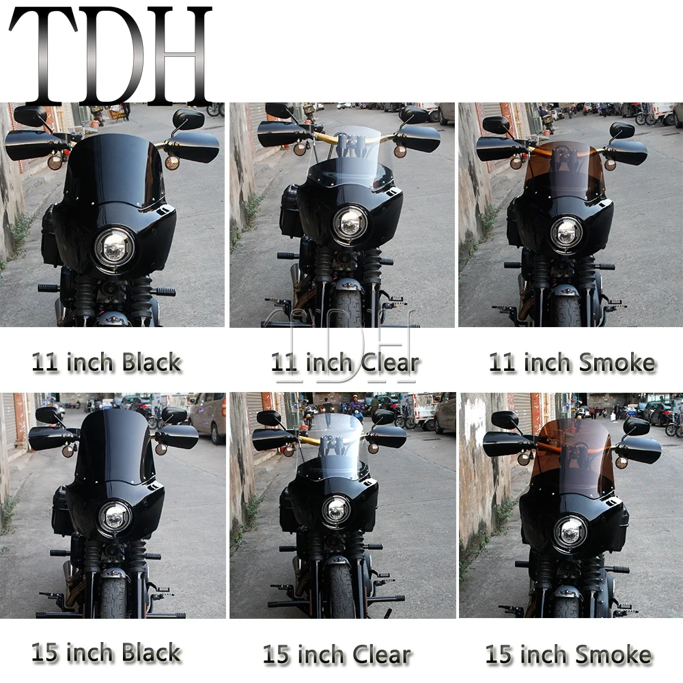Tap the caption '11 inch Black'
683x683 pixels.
[x=107, y=363]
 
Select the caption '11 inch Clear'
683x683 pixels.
[x=345, y=363]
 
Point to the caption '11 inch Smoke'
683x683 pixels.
[x=572, y=363]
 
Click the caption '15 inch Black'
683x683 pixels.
[x=107, y=652]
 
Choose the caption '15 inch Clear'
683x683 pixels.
[x=337, y=655]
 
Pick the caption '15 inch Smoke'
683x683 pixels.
[x=568, y=654]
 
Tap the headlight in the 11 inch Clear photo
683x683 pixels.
[x=350, y=223]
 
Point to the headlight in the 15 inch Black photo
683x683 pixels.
[x=115, y=519]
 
